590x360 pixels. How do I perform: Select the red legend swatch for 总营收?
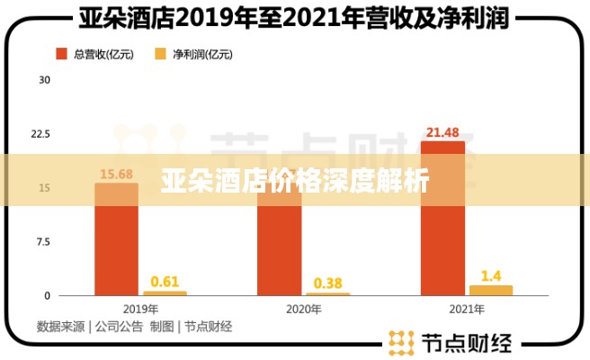62,55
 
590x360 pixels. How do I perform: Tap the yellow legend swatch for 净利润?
160,55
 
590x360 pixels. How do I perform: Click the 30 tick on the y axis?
44,80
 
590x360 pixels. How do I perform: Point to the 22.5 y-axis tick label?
40,134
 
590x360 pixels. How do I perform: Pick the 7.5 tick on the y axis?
42,242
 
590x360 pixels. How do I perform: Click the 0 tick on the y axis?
47,296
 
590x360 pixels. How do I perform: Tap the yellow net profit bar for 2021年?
491,291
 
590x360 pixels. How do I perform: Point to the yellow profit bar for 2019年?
165,293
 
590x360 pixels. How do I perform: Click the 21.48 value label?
443,132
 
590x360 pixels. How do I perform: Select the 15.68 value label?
117,174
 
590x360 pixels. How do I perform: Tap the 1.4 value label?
491,274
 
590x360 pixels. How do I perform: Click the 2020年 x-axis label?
303,309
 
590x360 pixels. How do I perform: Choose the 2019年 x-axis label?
140,309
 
